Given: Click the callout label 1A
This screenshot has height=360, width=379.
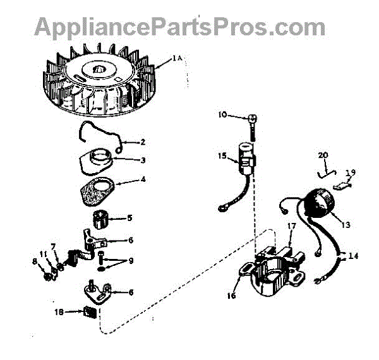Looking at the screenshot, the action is [x=177, y=59].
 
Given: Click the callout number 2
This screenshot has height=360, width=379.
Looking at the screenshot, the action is [x=143, y=141].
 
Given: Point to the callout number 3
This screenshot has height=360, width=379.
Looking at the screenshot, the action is [x=143, y=160].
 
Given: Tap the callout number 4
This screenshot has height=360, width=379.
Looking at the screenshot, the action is [x=143, y=180].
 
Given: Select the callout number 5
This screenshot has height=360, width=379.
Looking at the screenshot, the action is [x=130, y=219].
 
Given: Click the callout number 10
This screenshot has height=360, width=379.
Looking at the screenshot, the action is [x=222, y=116].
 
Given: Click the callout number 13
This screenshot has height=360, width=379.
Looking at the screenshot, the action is [x=345, y=224].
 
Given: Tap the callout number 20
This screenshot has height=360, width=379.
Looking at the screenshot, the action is [x=323, y=155].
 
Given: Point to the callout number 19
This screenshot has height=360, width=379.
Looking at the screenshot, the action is [x=350, y=171].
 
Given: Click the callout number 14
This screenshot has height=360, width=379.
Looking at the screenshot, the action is [x=352, y=256].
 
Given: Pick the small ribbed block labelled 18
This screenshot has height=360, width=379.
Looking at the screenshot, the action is [x=89, y=311].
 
